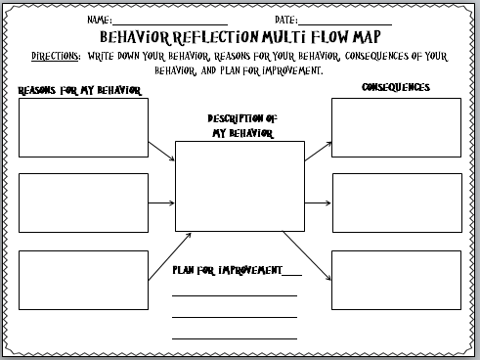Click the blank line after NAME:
point(170,24)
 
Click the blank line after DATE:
point(345,24)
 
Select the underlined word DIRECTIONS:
point(56,56)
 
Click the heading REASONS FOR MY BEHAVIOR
point(80,90)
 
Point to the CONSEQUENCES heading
point(396,87)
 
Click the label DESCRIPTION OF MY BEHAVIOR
point(242,126)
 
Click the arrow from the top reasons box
point(161,152)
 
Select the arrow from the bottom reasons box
point(170,256)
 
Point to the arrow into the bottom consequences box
point(307,255)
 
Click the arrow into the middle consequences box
point(318,203)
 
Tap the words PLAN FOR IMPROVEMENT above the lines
point(227,270)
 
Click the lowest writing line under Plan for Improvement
point(235,338)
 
